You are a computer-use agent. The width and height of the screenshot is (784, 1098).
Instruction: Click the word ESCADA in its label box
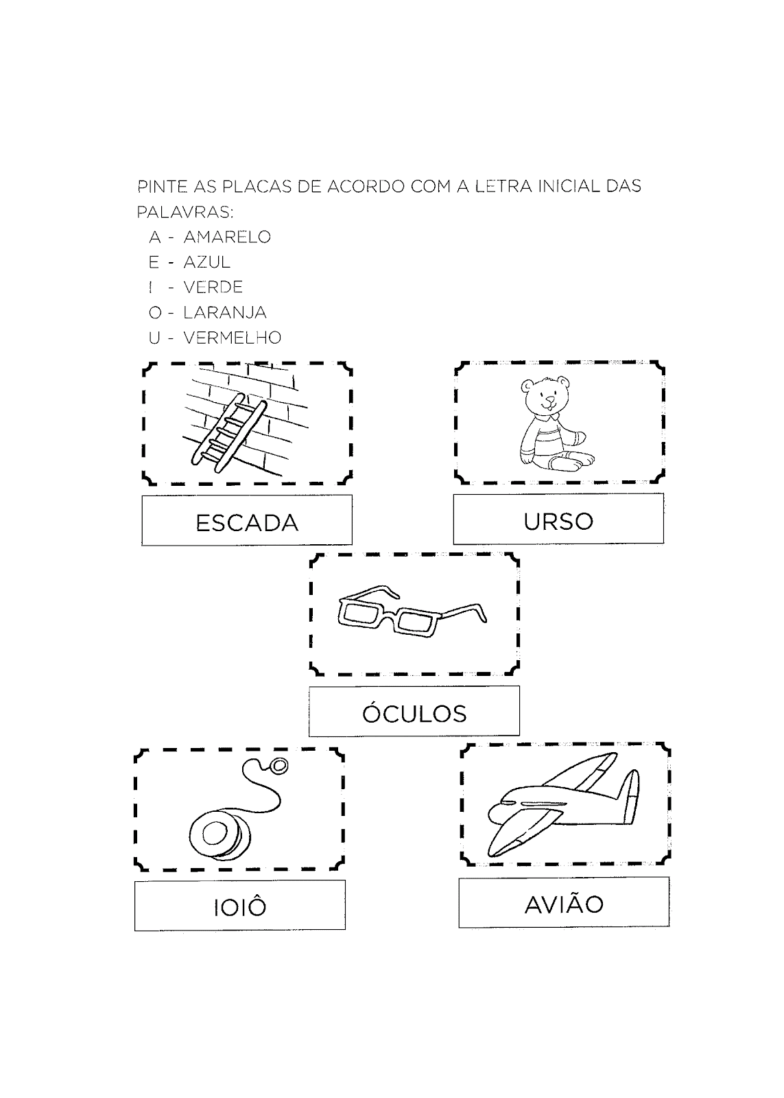pos(247,523)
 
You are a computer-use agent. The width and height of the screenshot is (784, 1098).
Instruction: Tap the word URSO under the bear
pos(558,521)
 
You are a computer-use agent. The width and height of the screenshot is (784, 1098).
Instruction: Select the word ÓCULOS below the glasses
pos(414,714)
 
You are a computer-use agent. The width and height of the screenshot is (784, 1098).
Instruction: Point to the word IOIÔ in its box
pos(239,907)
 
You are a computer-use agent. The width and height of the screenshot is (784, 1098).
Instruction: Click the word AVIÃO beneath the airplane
pos(564,904)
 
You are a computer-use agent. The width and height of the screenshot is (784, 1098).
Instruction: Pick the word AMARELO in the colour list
pos(227,237)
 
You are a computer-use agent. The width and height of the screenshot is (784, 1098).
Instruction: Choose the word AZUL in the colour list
pos(207,262)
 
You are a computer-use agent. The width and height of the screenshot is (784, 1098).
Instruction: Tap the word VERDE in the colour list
pos(213,288)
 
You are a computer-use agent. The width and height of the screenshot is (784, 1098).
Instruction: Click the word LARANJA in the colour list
pos(224,313)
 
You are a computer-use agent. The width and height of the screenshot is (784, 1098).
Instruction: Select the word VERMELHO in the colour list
pos(232,338)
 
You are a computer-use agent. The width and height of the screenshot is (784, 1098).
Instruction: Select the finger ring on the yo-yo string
pos(280,765)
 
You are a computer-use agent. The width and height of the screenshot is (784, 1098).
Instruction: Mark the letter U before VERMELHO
pos(154,338)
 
